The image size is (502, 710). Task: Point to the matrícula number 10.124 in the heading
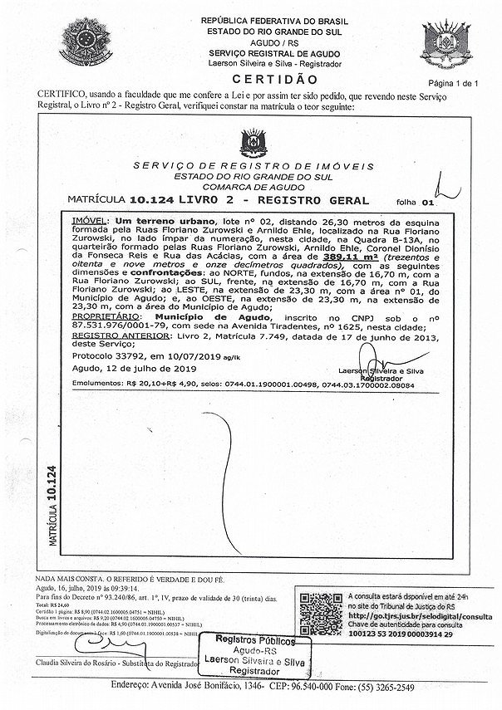[153, 200]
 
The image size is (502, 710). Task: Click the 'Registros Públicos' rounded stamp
[257, 656]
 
